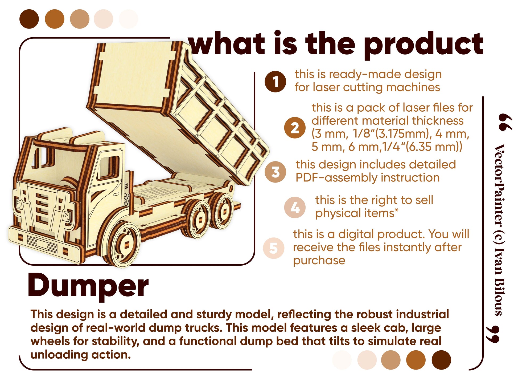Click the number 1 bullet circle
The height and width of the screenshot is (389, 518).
pyautogui.click(x=275, y=82)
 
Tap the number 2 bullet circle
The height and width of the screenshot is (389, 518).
pyautogui.click(x=295, y=128)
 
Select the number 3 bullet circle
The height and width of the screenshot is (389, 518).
pyautogui.click(x=275, y=172)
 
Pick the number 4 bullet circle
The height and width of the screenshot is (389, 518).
pyautogui.click(x=295, y=208)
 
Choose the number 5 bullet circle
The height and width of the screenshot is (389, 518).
pyautogui.click(x=274, y=248)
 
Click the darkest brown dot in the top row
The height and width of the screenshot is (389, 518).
pyautogui.click(x=29, y=19)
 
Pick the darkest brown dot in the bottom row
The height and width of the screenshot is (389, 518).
pyautogui.click(x=441, y=360)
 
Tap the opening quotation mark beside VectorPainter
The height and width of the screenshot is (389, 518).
pyautogui.click(x=505, y=122)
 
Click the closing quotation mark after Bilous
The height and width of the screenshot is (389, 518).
pyautogui.click(x=492, y=334)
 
